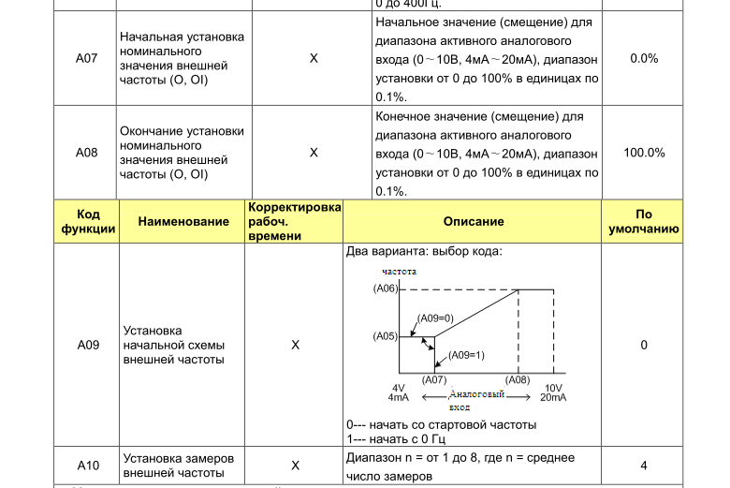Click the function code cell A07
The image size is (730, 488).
(x=86, y=58)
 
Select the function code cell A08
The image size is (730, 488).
(x=86, y=153)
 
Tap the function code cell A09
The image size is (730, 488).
(x=88, y=345)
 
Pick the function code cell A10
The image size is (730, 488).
(x=88, y=466)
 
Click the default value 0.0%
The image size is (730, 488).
(x=644, y=58)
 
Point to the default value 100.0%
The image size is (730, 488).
(x=644, y=153)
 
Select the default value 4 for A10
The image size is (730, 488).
(x=644, y=466)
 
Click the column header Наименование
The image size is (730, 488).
(x=183, y=222)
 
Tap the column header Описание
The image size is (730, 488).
(x=473, y=222)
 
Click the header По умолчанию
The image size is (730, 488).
(x=644, y=222)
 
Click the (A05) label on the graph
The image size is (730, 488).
(x=385, y=335)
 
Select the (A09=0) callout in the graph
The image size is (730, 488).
(x=435, y=318)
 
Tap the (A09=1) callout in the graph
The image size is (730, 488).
(x=466, y=355)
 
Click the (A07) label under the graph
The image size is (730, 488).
(x=434, y=379)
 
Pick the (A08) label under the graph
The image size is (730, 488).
(x=518, y=379)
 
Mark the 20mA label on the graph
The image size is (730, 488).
(x=553, y=398)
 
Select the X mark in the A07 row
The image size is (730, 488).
(x=314, y=58)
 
